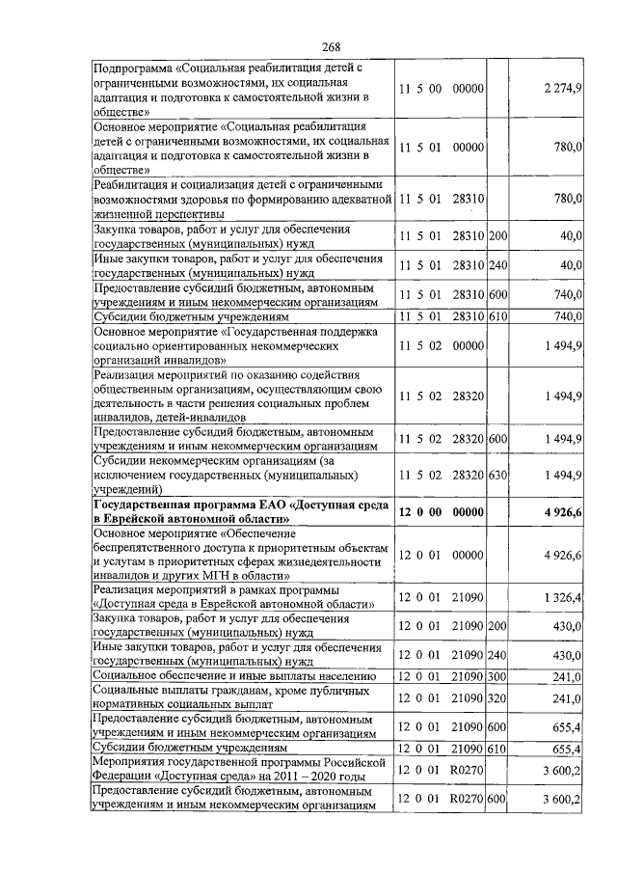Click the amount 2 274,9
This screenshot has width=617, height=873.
tap(562, 89)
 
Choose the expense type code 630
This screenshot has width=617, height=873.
tap(497, 475)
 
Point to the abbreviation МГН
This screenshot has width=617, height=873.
tap(231, 573)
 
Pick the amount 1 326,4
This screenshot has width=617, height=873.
tap(562, 598)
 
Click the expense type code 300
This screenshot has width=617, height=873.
tap(497, 677)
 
